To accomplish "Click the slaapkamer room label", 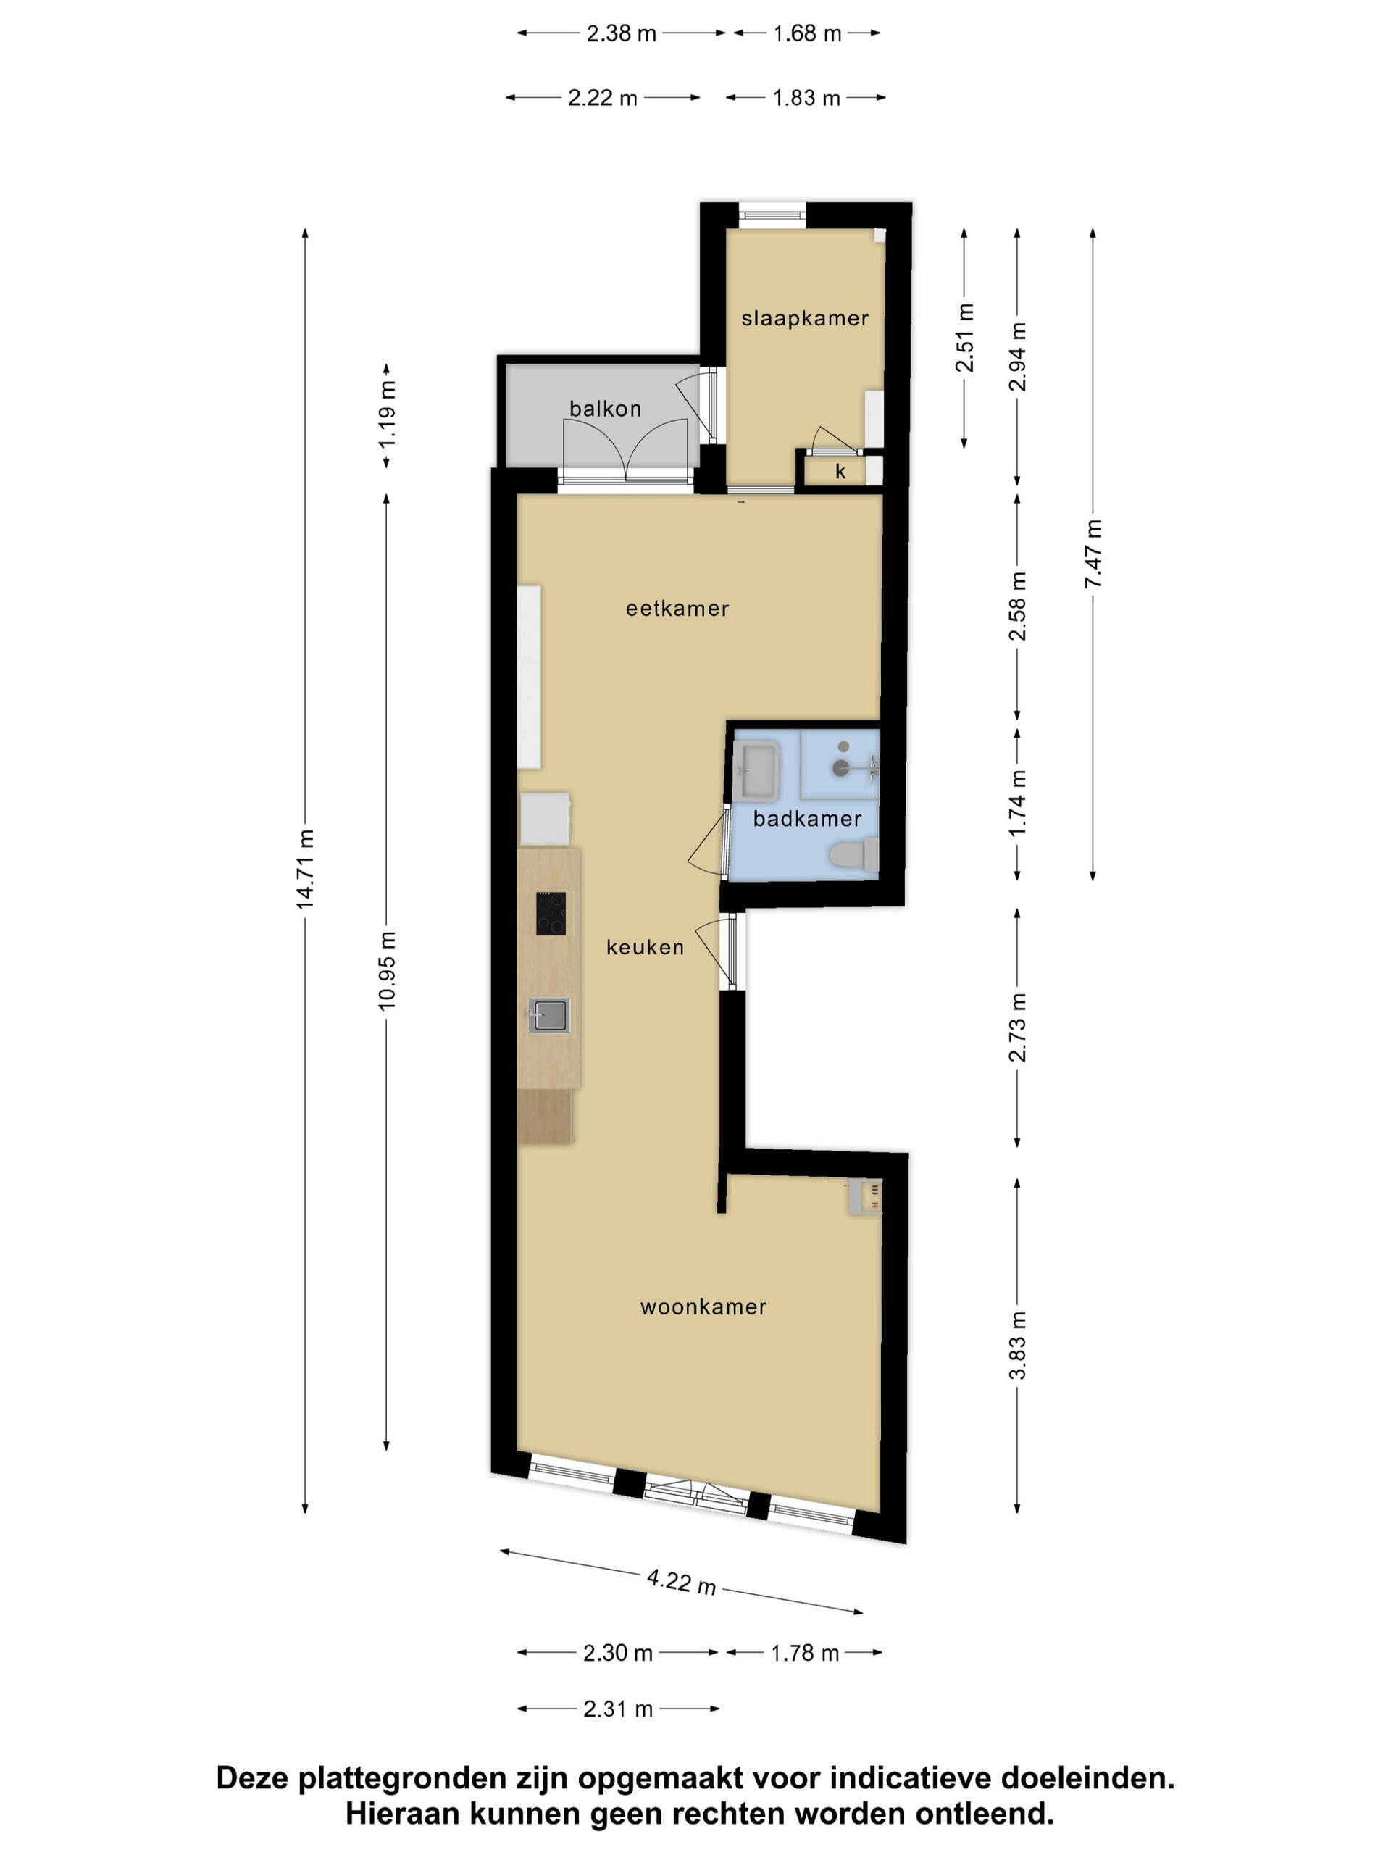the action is click(x=804, y=318).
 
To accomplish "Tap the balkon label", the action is click(x=604, y=409).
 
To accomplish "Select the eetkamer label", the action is click(x=677, y=609).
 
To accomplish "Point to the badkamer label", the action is click(x=806, y=819).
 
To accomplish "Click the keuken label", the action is click(x=645, y=948).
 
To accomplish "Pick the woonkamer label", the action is click(x=703, y=1306).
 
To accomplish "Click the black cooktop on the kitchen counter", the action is click(x=551, y=913).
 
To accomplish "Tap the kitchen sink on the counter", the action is click(x=548, y=1016).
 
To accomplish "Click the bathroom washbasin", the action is click(x=757, y=770).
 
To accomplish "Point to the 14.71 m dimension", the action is click(x=304, y=870).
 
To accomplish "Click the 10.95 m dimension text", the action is click(x=387, y=970).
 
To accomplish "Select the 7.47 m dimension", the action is click(x=1093, y=554).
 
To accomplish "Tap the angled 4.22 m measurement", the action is click(x=681, y=1582).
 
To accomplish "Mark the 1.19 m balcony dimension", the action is click(x=387, y=415).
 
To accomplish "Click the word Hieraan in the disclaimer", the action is click(x=404, y=1814).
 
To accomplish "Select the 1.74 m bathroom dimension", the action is click(x=1017, y=804).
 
